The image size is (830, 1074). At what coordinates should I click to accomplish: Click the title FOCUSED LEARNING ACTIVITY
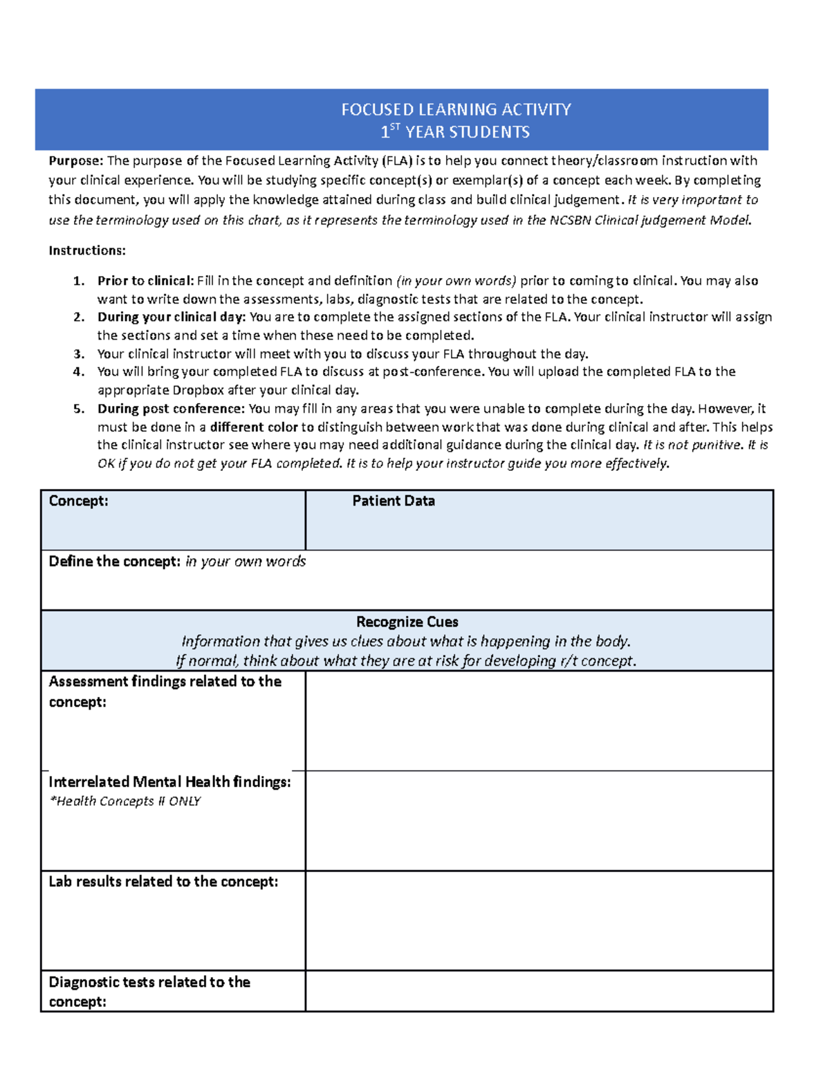(456, 109)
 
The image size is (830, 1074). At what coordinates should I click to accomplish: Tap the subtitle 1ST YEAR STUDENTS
(456, 131)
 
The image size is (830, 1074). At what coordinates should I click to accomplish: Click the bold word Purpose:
(75, 160)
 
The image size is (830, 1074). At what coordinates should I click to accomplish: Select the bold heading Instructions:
(87, 250)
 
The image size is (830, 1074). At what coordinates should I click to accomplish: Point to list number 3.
(79, 353)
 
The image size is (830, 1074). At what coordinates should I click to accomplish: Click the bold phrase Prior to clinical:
(145, 281)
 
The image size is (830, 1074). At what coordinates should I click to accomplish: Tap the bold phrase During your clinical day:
(171, 317)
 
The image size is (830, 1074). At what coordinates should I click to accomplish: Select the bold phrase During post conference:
(171, 408)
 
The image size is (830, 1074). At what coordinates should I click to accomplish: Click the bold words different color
(253, 427)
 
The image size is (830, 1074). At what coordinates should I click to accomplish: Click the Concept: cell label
(78, 501)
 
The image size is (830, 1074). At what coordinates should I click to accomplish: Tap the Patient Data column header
(393, 501)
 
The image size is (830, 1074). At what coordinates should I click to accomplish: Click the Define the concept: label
(114, 561)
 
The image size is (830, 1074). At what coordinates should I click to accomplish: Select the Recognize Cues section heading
(407, 622)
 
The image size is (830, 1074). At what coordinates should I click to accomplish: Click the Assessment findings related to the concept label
(165, 691)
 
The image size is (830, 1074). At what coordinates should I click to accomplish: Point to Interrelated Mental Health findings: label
(169, 781)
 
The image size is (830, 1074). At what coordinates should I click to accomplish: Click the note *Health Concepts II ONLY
(124, 801)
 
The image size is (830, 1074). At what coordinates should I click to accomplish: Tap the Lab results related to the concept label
(163, 881)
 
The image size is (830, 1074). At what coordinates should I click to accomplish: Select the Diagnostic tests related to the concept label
(149, 991)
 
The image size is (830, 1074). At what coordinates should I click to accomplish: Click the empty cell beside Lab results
(538, 920)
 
